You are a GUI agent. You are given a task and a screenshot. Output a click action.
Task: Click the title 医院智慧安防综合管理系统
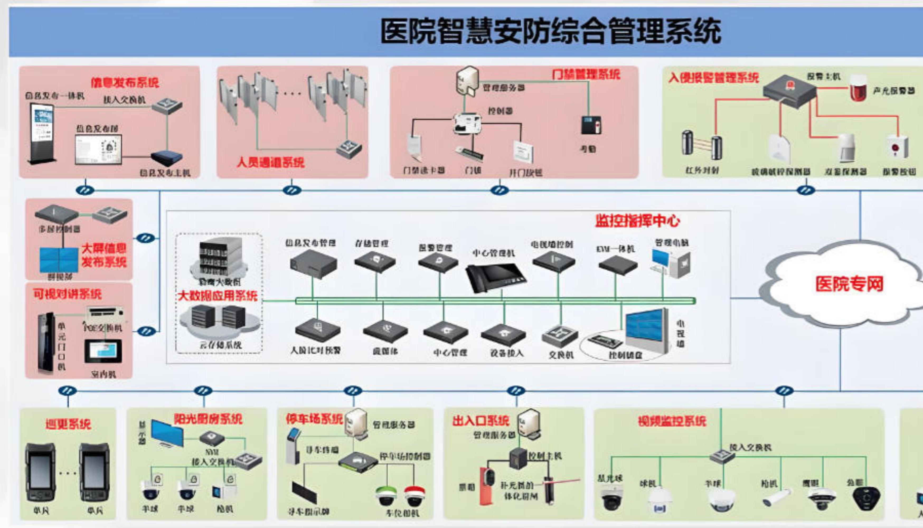pyautogui.click(x=550, y=32)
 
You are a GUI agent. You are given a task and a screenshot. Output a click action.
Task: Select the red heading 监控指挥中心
pyautogui.click(x=637, y=221)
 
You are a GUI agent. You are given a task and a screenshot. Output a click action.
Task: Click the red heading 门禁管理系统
pyautogui.click(x=586, y=75)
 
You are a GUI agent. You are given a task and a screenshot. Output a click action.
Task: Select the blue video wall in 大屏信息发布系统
pyautogui.click(x=59, y=260)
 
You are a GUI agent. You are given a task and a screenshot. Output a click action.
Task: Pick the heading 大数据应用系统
pyautogui.click(x=218, y=296)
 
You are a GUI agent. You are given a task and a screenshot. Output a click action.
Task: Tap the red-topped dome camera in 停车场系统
pyautogui.click(x=415, y=496)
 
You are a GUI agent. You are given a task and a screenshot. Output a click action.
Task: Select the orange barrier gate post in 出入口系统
pyautogui.click(x=486, y=486)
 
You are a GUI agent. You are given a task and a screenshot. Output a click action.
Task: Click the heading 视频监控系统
pyautogui.click(x=672, y=421)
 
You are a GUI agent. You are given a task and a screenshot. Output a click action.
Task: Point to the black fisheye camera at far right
pyautogui.click(x=866, y=498)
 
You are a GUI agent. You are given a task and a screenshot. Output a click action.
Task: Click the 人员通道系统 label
pyautogui.click(x=270, y=162)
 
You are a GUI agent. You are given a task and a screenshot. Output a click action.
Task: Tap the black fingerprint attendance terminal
pyautogui.click(x=591, y=125)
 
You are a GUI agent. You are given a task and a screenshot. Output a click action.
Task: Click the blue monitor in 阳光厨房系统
pyautogui.click(x=167, y=433)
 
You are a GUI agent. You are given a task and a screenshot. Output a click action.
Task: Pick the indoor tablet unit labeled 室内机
pyautogui.click(x=103, y=351)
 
